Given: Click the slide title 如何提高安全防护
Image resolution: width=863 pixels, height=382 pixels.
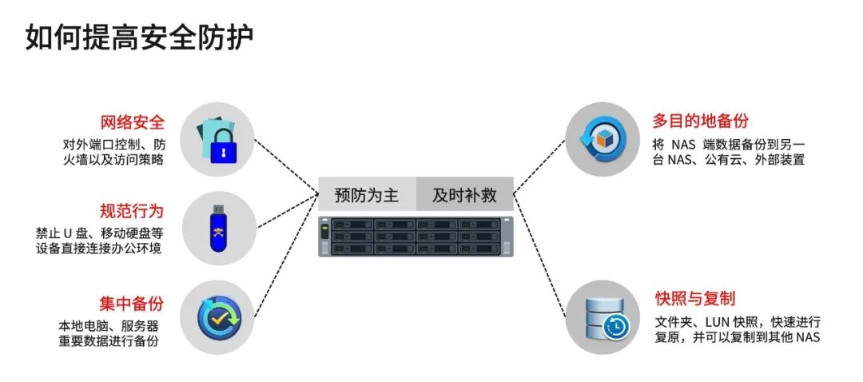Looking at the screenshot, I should point(140,38).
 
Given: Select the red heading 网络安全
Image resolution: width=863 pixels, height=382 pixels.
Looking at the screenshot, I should point(132,123).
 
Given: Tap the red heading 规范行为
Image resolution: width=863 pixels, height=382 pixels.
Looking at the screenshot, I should point(132,212).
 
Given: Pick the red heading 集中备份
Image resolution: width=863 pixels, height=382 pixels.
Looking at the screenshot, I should point(132,304).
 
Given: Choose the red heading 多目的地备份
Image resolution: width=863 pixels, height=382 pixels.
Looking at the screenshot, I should point(700,121).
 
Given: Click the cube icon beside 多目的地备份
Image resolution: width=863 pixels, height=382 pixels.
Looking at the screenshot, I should point(602,137).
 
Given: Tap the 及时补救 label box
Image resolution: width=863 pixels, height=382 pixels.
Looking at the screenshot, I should point(464,195).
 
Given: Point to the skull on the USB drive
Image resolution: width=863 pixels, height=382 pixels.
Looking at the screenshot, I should point(217,236).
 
